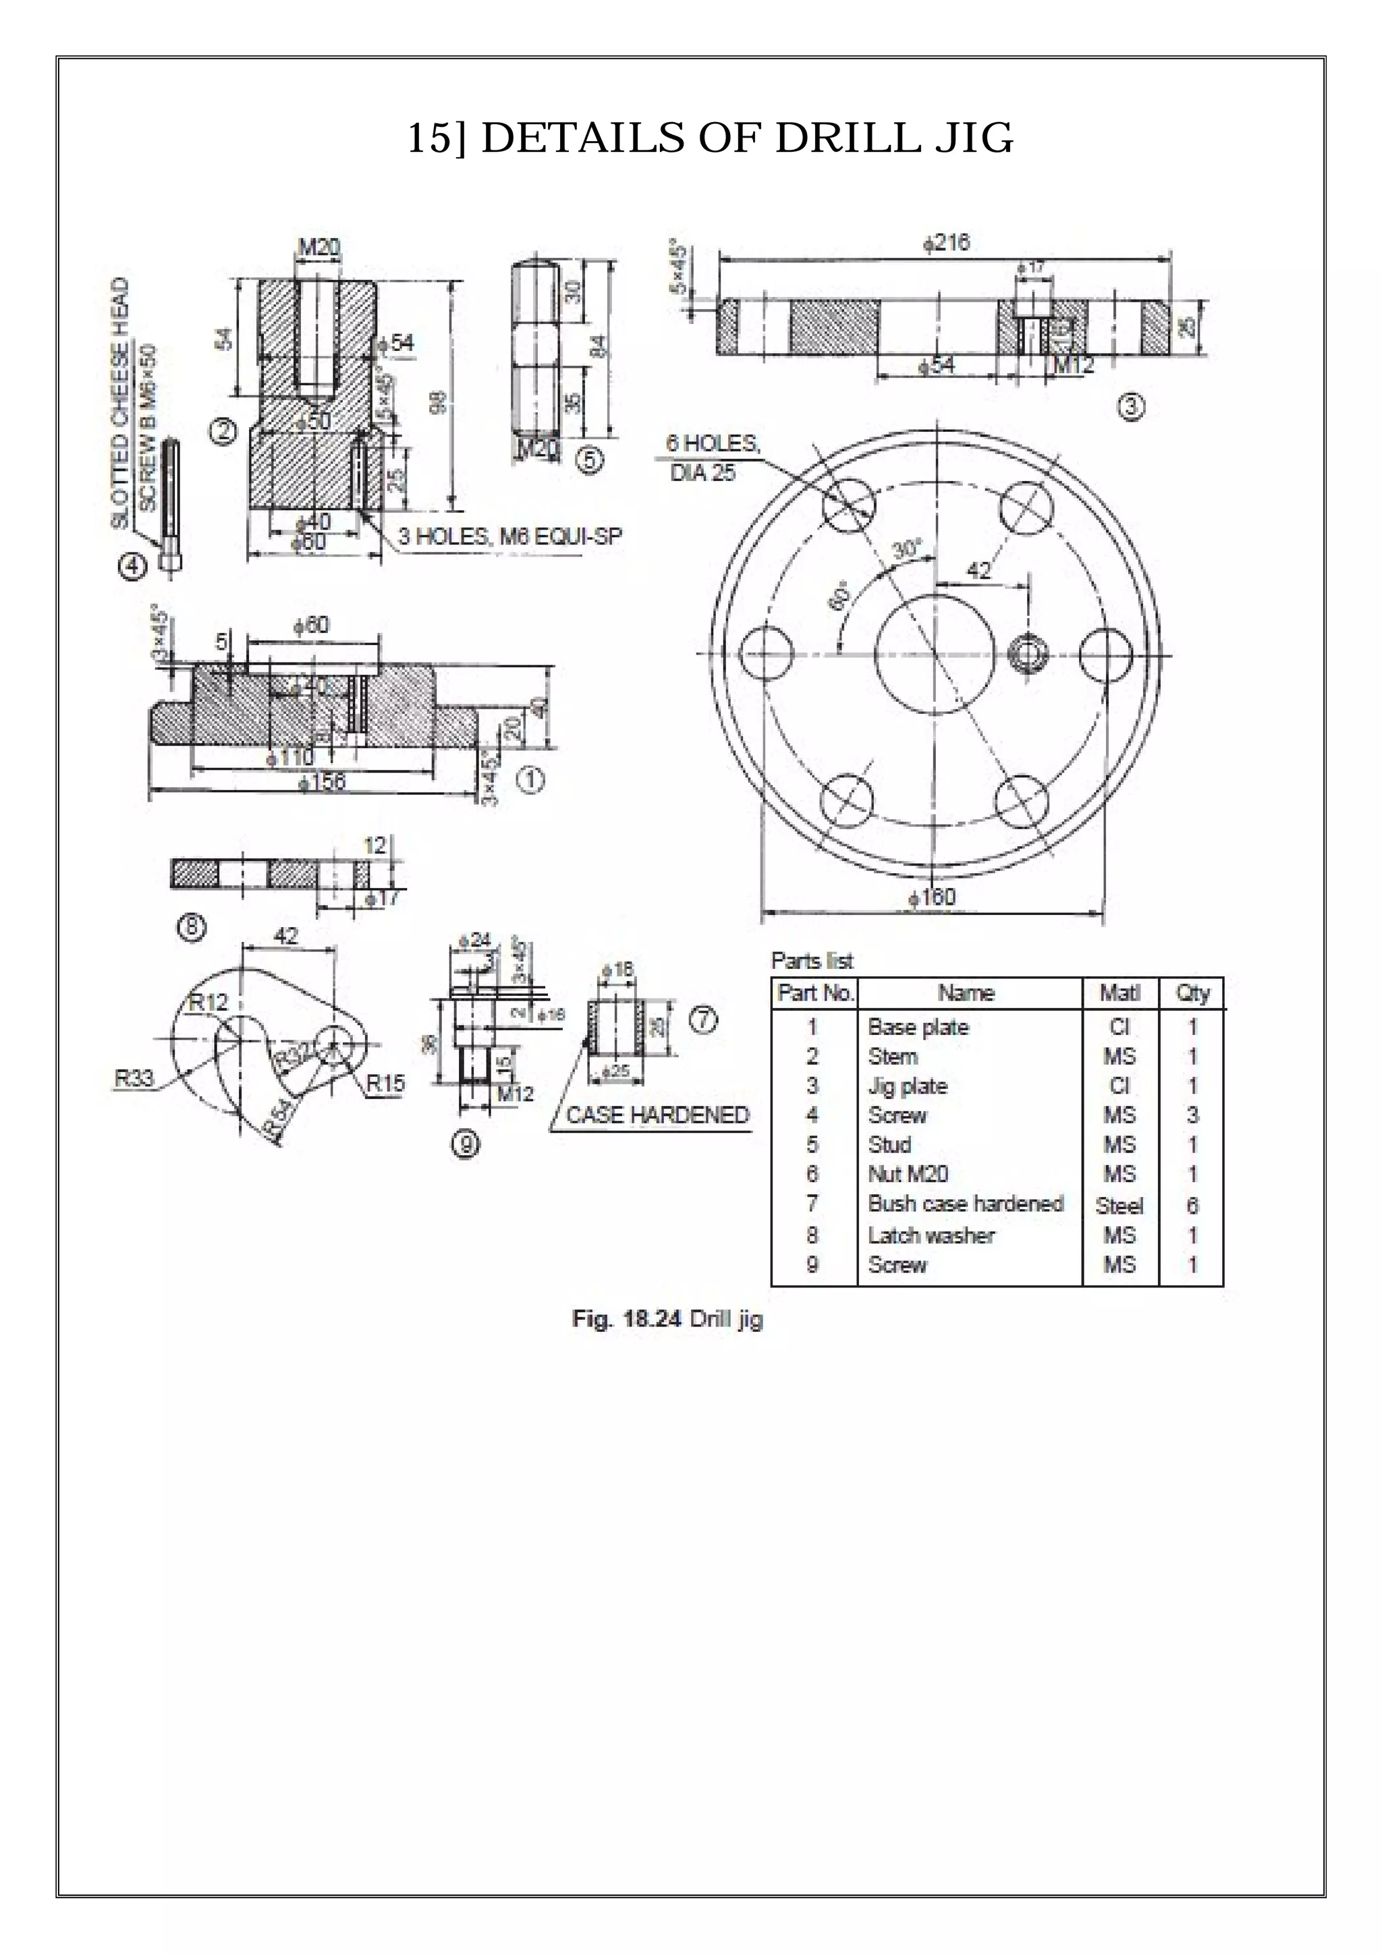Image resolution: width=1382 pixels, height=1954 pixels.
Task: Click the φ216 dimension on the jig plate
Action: [945, 242]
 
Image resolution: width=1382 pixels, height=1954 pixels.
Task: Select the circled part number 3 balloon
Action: [1130, 408]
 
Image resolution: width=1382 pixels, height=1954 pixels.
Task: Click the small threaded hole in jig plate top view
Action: [1027, 654]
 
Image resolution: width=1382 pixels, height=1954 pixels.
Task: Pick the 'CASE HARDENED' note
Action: [657, 1115]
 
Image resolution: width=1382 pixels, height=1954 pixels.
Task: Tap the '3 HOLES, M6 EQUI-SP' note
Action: [509, 536]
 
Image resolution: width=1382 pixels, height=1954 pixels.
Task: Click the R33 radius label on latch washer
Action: [134, 1078]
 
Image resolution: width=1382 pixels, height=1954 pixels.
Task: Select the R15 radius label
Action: [385, 1084]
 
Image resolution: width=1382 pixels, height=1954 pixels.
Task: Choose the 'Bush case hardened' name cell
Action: [965, 1204]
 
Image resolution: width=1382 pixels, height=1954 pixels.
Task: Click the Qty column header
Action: [1192, 993]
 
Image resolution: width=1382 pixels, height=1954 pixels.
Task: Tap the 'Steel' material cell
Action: [1119, 1206]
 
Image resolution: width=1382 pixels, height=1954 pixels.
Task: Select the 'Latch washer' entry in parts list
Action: [930, 1235]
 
